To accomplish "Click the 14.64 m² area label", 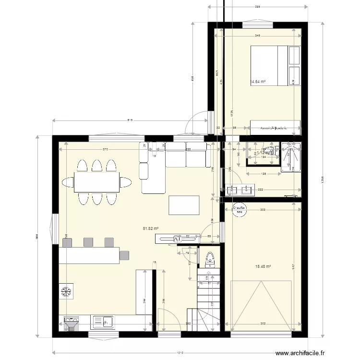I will pos(258,82).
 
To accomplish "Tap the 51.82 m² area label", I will pos(151,229).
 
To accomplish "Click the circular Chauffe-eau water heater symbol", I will pos(239,208).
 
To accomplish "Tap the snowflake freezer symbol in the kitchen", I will pos(66,291).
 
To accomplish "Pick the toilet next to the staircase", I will pos(210,260).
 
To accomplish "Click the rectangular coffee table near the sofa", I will pos(183,205).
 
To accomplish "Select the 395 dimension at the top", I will pos(257,7).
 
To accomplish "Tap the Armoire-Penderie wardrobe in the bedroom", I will pos(275,128).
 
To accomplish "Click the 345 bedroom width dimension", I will pos(258,36).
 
